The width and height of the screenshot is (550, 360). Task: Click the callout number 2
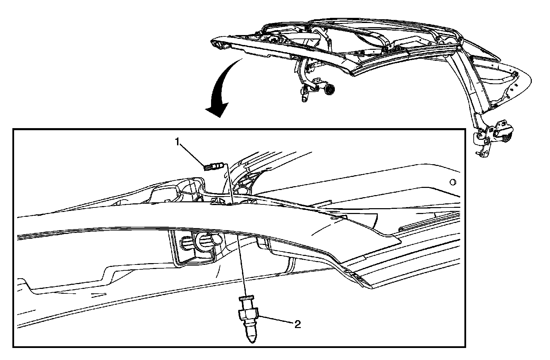click(x=297, y=324)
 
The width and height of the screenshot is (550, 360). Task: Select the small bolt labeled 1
click(x=213, y=167)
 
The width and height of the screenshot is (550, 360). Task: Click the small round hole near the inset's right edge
click(x=452, y=181)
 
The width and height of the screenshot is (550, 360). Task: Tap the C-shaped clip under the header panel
click(x=206, y=241)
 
